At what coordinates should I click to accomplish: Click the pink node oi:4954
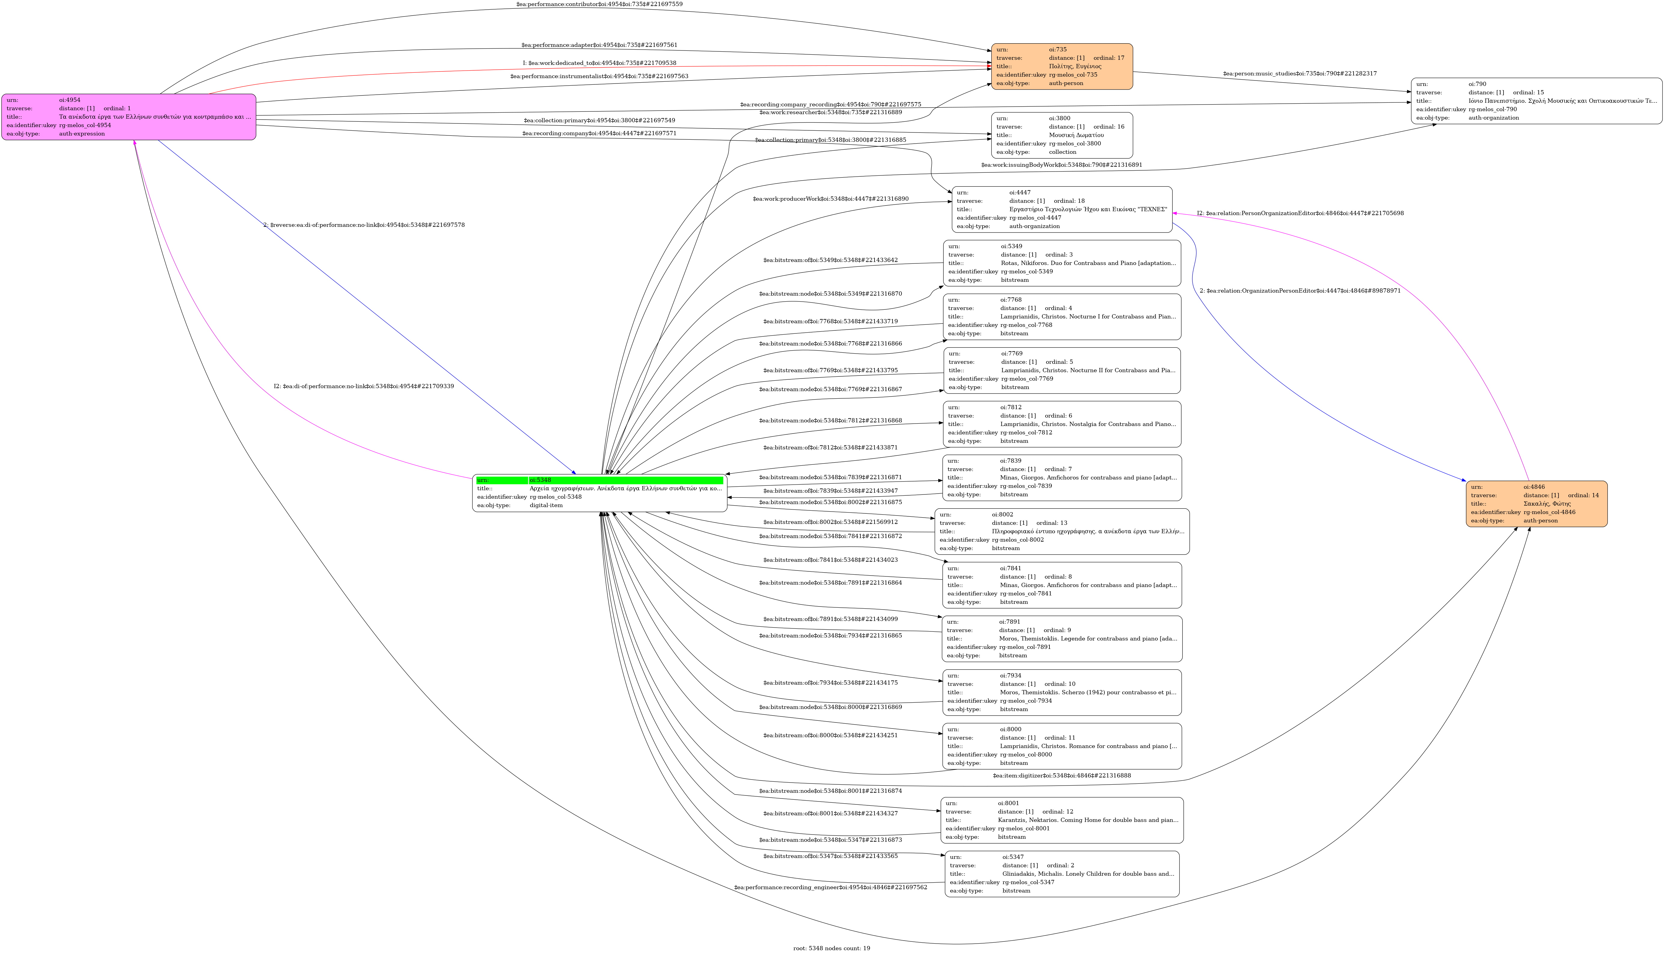129,117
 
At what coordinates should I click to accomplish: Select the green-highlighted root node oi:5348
599,493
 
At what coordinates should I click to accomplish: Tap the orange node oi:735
1062,66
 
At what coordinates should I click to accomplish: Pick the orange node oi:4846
1536,504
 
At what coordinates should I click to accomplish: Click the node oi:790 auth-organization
1536,101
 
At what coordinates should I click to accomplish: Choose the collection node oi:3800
1062,135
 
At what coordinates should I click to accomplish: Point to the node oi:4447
1062,209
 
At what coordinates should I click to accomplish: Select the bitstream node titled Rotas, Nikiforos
1062,263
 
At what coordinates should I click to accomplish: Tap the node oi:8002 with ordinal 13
1062,531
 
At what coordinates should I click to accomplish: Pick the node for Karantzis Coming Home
1062,820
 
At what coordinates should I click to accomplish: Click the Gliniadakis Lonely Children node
1062,874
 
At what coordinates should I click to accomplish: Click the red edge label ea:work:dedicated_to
599,63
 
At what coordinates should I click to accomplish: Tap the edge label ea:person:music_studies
1299,74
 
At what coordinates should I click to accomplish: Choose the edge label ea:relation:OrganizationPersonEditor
1299,290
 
